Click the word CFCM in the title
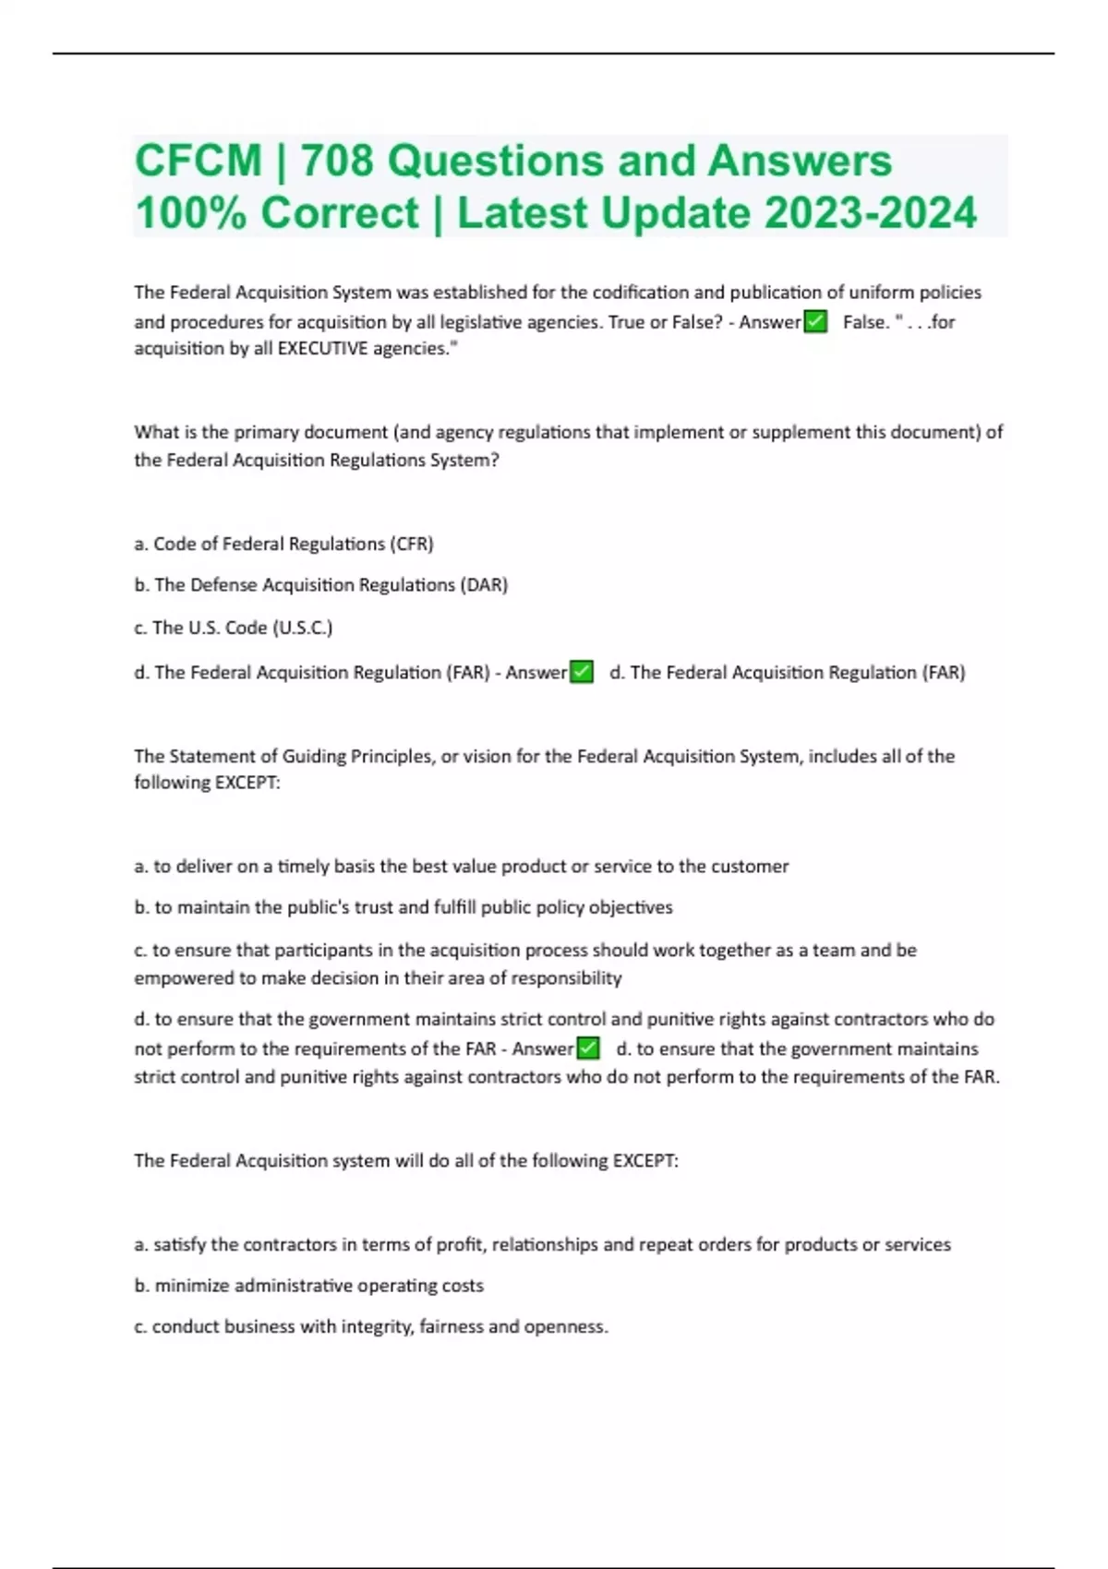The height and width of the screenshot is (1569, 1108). (199, 161)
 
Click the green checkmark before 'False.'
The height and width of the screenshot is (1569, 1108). (815, 321)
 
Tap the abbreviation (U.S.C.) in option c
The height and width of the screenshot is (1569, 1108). (302, 628)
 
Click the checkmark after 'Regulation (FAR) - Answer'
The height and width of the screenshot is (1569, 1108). (582, 672)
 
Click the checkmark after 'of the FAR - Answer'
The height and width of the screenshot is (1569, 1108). (588, 1048)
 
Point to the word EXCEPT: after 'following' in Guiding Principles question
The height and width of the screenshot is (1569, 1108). (247, 783)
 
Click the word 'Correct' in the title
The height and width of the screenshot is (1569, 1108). (340, 213)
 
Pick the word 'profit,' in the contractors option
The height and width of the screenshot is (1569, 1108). (461, 1244)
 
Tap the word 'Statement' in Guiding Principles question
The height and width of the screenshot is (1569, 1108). (211, 756)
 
